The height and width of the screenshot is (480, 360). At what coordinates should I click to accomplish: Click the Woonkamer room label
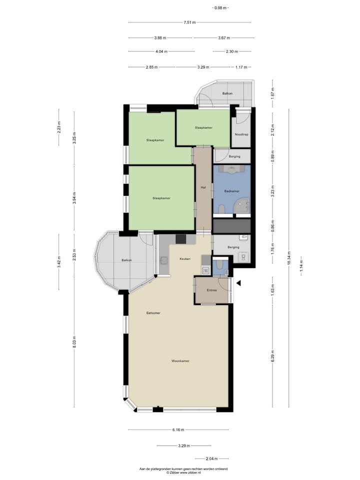point(180,361)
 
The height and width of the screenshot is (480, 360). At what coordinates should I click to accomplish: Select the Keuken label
point(185,258)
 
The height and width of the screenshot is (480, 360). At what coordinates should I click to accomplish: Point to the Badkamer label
point(231,191)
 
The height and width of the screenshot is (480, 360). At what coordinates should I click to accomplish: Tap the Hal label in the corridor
point(203,187)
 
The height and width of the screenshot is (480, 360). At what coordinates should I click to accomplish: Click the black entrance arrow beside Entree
point(238,283)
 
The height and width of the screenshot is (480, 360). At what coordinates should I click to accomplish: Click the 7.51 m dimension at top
point(189,22)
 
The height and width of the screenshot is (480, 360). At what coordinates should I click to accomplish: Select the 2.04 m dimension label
point(212,458)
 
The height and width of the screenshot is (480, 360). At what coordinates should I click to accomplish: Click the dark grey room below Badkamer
point(231,226)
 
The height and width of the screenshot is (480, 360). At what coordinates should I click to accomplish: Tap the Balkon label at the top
point(227,93)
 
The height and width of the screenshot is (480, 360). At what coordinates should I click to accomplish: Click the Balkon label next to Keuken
point(126,260)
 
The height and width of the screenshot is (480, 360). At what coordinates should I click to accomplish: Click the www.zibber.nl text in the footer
point(184,472)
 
